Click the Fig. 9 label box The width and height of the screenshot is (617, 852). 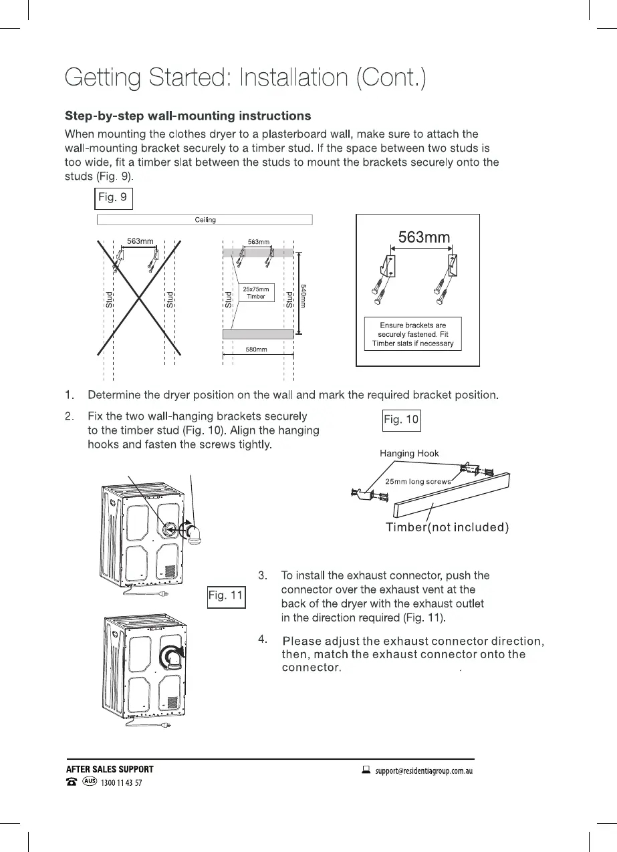pyautogui.click(x=113, y=198)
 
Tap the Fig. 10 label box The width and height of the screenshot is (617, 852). pyautogui.click(x=401, y=420)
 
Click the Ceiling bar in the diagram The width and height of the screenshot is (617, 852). pyautogui.click(x=205, y=220)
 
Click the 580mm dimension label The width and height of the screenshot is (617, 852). pyautogui.click(x=257, y=349)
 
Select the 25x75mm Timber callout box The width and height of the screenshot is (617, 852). pyautogui.click(x=256, y=293)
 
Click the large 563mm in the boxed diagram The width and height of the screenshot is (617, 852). pyautogui.click(x=424, y=237)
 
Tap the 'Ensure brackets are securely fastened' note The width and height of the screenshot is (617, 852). pyautogui.click(x=412, y=335)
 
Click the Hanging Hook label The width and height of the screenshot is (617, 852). pyautogui.click(x=409, y=453)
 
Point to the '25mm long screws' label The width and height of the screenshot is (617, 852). pyautogui.click(x=417, y=481)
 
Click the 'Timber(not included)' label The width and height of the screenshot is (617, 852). pyautogui.click(x=447, y=527)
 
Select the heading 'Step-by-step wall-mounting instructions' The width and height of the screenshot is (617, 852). pyautogui.click(x=187, y=116)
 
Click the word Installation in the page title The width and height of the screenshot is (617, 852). pyautogui.click(x=293, y=78)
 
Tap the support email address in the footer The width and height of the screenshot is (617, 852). pyautogui.click(x=424, y=770)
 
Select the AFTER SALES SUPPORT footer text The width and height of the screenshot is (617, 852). pyautogui.click(x=110, y=769)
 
